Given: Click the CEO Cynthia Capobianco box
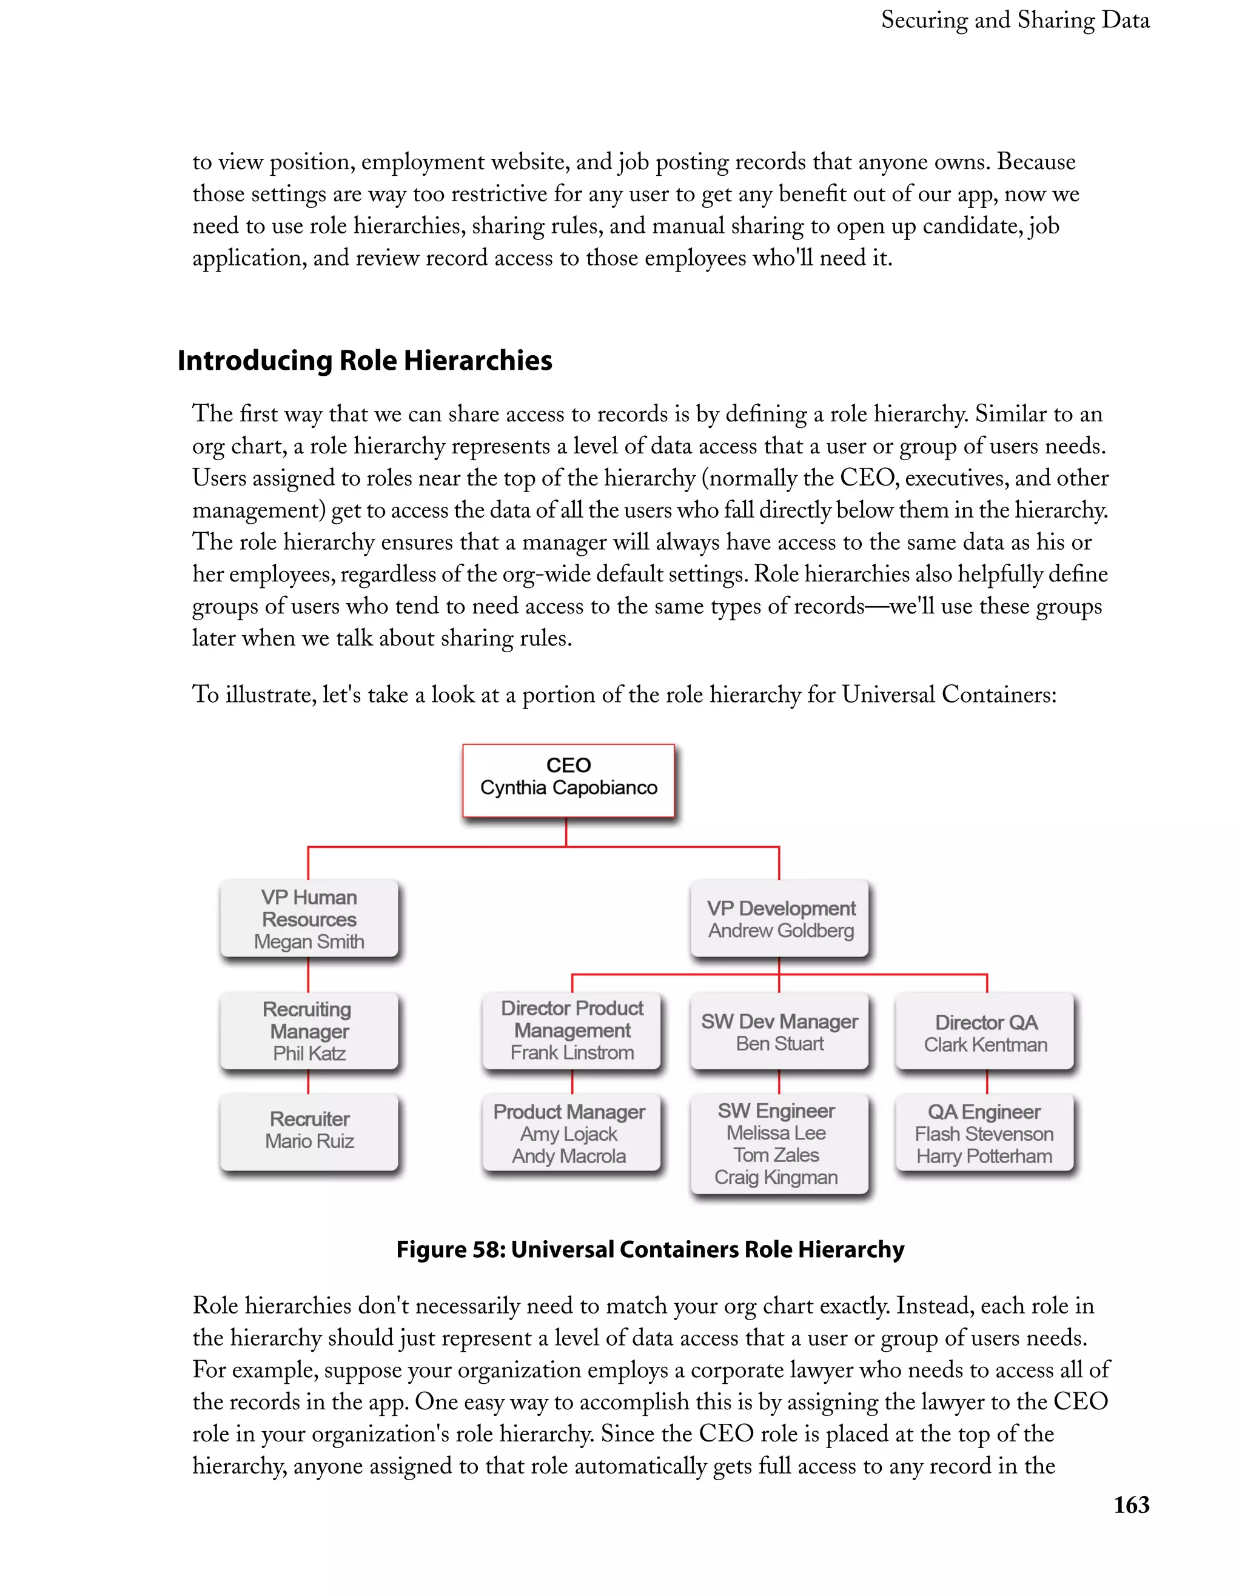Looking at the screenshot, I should pyautogui.click(x=568, y=779).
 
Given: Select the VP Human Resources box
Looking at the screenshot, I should pyautogui.click(x=309, y=918).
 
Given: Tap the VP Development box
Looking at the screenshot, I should pyautogui.click(x=780, y=918).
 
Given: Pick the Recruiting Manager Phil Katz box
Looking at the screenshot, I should pyautogui.click(x=309, y=1030).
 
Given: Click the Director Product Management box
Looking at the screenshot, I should pyautogui.click(x=572, y=1030).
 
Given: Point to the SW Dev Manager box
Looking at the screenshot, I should pyautogui.click(x=779, y=1031).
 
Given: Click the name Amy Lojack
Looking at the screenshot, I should pyautogui.click(x=569, y=1134).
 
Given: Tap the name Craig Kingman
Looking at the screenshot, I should pyautogui.click(x=776, y=1177).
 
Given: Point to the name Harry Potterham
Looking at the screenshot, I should pyautogui.click(x=984, y=1156).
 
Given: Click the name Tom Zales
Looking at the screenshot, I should pyautogui.click(x=776, y=1155).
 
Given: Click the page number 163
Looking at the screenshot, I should pyautogui.click(x=1131, y=1504).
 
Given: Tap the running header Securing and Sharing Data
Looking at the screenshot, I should pyautogui.click(x=1015, y=21).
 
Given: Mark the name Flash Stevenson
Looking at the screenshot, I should pyautogui.click(x=984, y=1134).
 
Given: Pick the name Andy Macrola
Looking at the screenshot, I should pyautogui.click(x=569, y=1156).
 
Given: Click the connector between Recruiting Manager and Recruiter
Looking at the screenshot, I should pyautogui.click(x=309, y=1081).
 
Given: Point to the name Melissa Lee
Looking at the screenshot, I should pyautogui.click(x=776, y=1134).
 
